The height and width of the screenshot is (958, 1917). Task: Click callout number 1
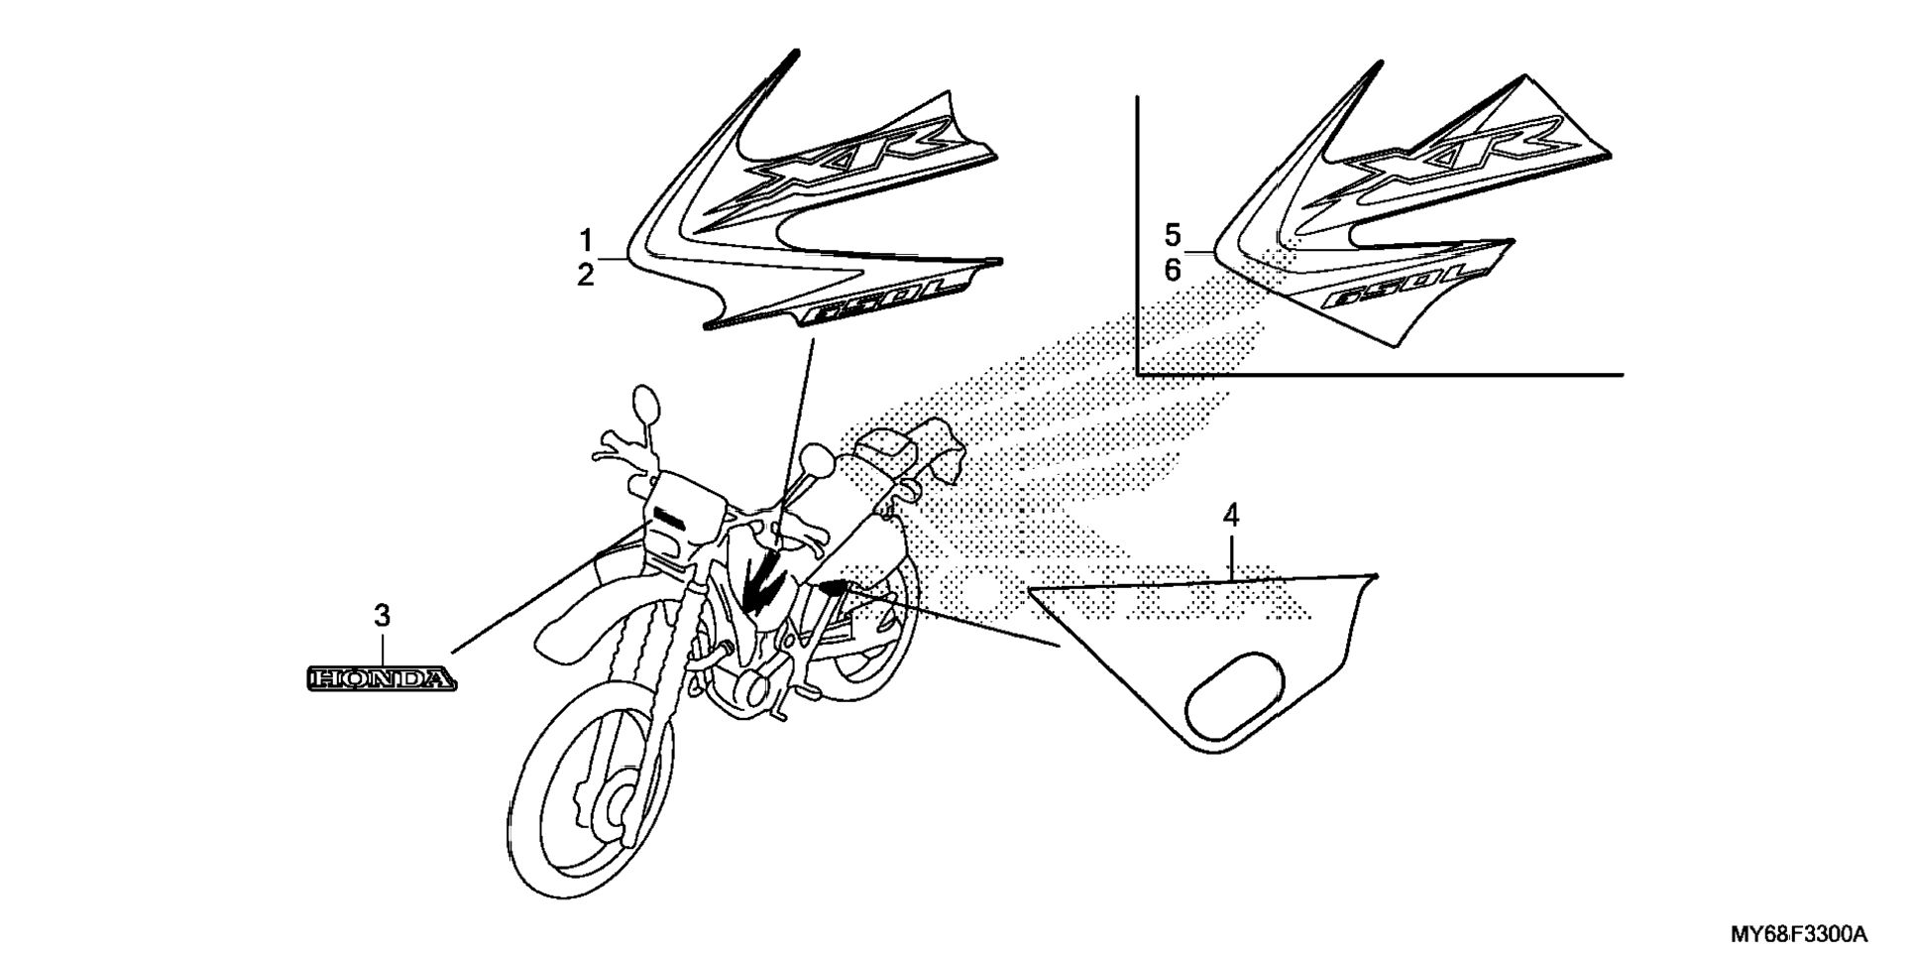[x=586, y=240]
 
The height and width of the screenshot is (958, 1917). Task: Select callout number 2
[x=586, y=275]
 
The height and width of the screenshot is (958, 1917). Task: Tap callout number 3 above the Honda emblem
[x=382, y=616]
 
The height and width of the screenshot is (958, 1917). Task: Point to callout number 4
[x=1230, y=515]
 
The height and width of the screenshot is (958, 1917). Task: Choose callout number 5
[x=1173, y=236]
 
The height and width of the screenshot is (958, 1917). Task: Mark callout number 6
[x=1173, y=270]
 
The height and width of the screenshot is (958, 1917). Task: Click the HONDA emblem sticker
[x=382, y=679]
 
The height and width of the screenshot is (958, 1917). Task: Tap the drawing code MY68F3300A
[x=1799, y=935]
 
